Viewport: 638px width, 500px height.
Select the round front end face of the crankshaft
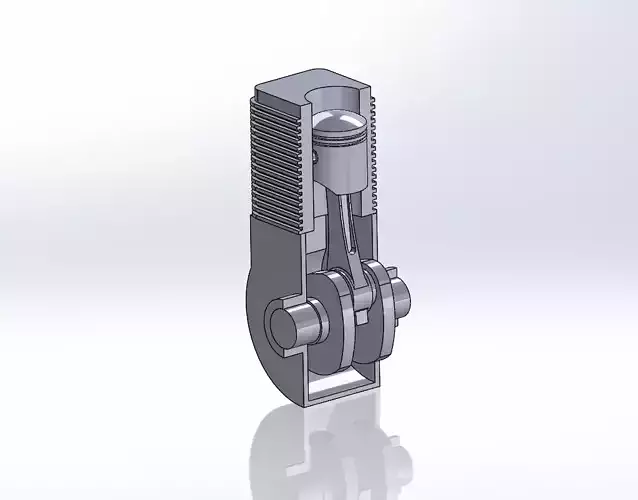coord(284,324)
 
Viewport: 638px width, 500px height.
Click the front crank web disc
coord(335,310)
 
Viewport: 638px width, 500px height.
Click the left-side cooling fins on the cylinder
coord(275,170)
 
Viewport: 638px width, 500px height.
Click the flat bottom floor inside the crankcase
coord(340,384)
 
